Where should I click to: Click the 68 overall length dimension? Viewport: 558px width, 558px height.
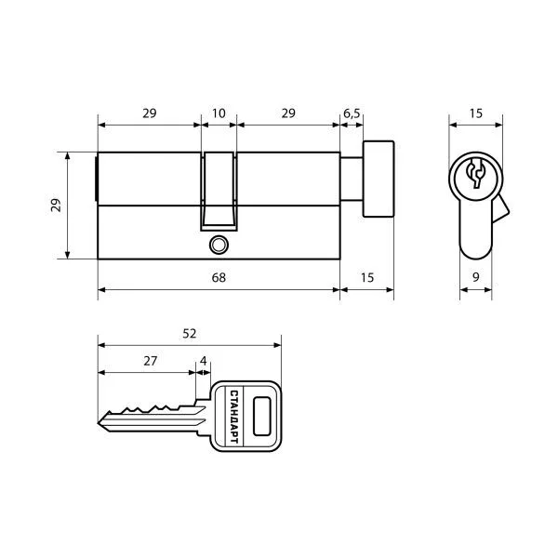click(x=219, y=277)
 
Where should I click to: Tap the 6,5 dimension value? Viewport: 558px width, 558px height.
click(x=352, y=113)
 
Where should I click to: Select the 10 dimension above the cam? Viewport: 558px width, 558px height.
click(x=219, y=113)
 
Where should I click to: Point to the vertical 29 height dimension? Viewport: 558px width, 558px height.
click(x=56, y=206)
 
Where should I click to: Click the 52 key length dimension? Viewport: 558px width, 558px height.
click(x=190, y=334)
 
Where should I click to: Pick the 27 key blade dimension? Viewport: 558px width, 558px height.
click(x=150, y=361)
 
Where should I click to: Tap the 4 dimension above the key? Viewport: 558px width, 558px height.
click(x=203, y=361)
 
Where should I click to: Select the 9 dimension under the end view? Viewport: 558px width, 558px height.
click(x=476, y=277)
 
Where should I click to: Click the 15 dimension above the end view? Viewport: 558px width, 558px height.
click(x=476, y=113)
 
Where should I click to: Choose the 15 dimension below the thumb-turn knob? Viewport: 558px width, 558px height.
click(x=367, y=277)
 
